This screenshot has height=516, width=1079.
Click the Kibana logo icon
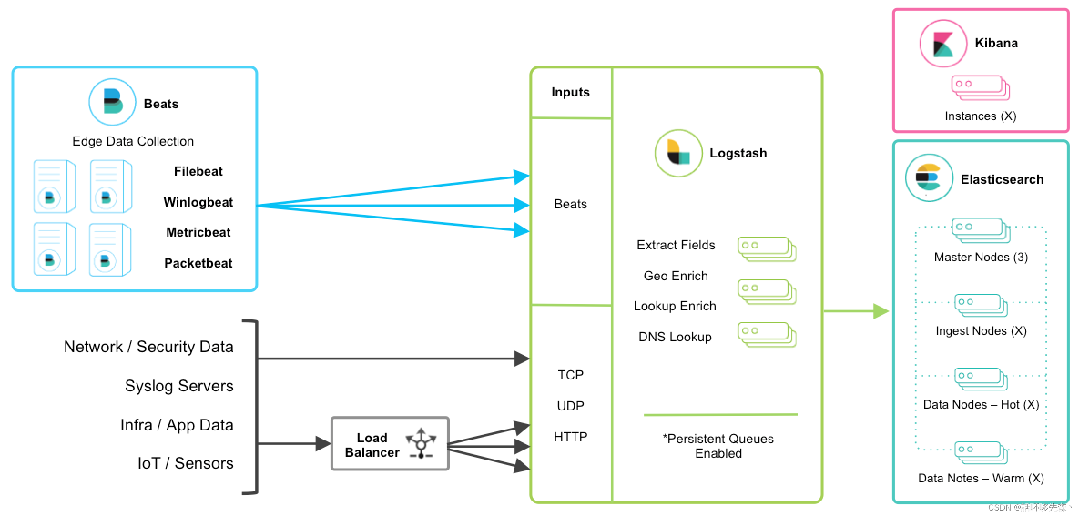click(943, 44)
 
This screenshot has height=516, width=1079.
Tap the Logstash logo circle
click(678, 153)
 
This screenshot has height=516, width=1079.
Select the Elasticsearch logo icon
click(929, 178)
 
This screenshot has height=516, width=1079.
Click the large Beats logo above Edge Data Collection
click(112, 102)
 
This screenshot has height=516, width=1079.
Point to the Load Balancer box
click(390, 444)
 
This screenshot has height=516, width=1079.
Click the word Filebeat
click(198, 172)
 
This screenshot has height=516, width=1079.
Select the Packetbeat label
click(198, 263)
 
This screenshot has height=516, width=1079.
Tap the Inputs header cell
click(571, 92)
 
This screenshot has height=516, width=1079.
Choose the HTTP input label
click(570, 437)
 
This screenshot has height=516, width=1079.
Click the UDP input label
click(570, 406)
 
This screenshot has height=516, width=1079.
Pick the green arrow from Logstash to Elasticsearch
click(856, 311)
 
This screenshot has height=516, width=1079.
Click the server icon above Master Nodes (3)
click(981, 230)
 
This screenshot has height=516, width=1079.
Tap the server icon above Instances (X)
click(980, 88)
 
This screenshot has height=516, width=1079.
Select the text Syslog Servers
click(179, 386)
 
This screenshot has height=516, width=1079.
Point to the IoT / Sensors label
click(185, 463)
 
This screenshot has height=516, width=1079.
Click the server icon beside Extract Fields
click(767, 249)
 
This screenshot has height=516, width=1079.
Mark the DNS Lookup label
click(675, 337)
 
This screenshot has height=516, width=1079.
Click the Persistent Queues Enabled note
click(718, 446)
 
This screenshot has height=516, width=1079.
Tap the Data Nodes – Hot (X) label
click(981, 405)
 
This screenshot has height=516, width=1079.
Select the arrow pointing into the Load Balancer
click(294, 444)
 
